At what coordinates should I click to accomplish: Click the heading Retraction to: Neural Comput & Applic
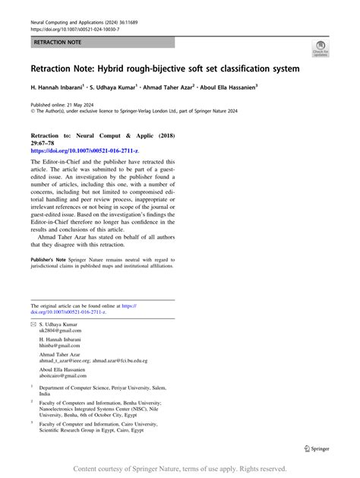[x=98, y=132]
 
